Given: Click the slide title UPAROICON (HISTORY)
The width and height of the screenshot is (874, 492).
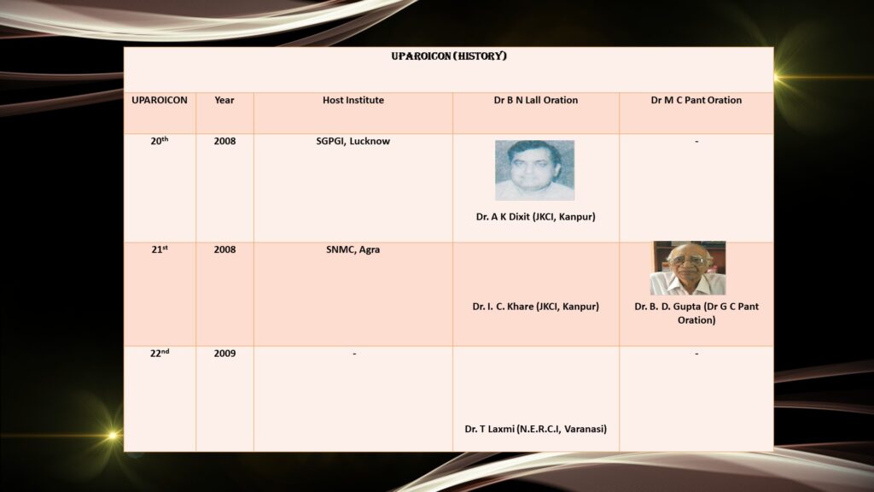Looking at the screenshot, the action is [449, 56].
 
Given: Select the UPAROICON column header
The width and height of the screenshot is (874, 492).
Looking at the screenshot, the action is [160, 101].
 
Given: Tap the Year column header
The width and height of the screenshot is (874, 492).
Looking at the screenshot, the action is [224, 101].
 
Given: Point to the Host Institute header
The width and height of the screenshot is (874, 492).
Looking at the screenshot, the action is [353, 101].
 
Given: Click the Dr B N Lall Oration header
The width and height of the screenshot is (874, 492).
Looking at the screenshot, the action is [536, 101].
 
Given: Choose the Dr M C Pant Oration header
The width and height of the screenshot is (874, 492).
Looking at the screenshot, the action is [696, 101].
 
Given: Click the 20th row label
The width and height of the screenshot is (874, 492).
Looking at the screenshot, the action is [160, 141].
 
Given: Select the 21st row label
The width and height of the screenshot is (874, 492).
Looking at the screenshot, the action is [160, 249].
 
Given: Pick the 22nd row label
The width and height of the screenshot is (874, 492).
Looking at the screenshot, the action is [160, 353].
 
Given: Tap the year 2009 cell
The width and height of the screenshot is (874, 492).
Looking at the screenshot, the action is [224, 354].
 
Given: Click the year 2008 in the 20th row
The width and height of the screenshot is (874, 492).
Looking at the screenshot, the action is [224, 141].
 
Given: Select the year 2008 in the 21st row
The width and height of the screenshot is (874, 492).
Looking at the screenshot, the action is [224, 249].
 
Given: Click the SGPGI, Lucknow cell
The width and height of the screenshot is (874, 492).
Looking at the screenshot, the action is [353, 142].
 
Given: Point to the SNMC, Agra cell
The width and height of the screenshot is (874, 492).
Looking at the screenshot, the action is [353, 250].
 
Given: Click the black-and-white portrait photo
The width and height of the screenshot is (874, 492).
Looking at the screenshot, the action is [534, 170].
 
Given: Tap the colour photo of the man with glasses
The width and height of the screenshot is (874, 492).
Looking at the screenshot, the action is [688, 268].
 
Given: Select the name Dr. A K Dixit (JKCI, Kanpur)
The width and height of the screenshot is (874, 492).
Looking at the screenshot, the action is [536, 217].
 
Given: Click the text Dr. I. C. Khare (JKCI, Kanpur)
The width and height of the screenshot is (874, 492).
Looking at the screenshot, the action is [536, 307].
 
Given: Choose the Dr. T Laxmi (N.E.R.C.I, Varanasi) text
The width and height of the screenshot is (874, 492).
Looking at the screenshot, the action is [536, 429].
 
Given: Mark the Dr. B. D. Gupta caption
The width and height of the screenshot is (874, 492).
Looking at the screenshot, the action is [696, 313].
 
